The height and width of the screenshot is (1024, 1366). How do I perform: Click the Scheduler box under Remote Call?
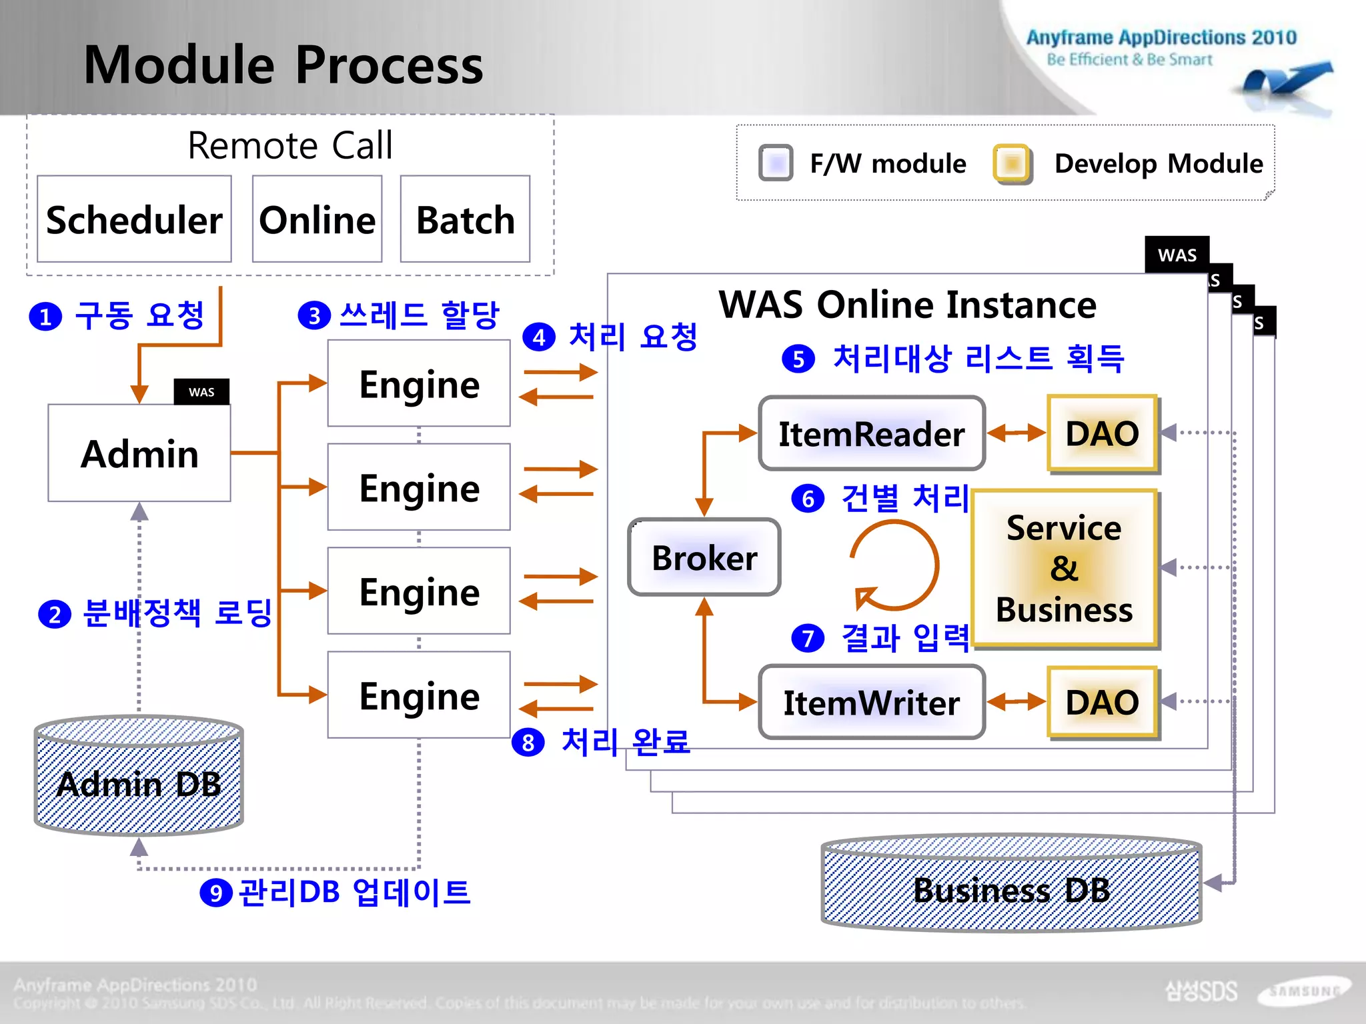point(134,219)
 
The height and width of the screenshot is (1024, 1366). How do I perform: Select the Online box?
point(317,219)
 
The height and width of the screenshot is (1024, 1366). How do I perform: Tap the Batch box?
point(465,219)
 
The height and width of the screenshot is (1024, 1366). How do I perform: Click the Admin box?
point(139,453)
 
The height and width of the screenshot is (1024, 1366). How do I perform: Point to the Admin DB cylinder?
point(139,777)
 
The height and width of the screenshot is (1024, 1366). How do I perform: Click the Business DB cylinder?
point(1011,883)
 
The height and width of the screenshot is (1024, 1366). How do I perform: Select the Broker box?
point(704,557)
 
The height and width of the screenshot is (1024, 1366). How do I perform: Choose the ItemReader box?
point(871,434)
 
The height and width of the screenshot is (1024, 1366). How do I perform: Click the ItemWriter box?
point(871,703)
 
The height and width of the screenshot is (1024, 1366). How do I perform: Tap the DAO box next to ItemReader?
point(1102,433)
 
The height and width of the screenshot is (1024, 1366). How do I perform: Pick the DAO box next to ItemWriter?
point(1102,702)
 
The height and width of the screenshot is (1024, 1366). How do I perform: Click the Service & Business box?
point(1064,569)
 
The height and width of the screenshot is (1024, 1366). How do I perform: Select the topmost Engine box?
point(419,384)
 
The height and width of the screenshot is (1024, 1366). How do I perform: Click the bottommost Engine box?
point(419,695)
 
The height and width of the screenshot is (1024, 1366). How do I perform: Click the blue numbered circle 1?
point(45,317)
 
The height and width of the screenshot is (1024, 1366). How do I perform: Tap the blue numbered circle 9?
point(215,893)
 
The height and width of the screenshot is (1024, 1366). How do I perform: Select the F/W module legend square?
point(776,163)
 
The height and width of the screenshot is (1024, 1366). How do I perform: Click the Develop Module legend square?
point(1012,163)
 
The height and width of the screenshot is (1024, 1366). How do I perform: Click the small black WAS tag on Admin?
point(201,392)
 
